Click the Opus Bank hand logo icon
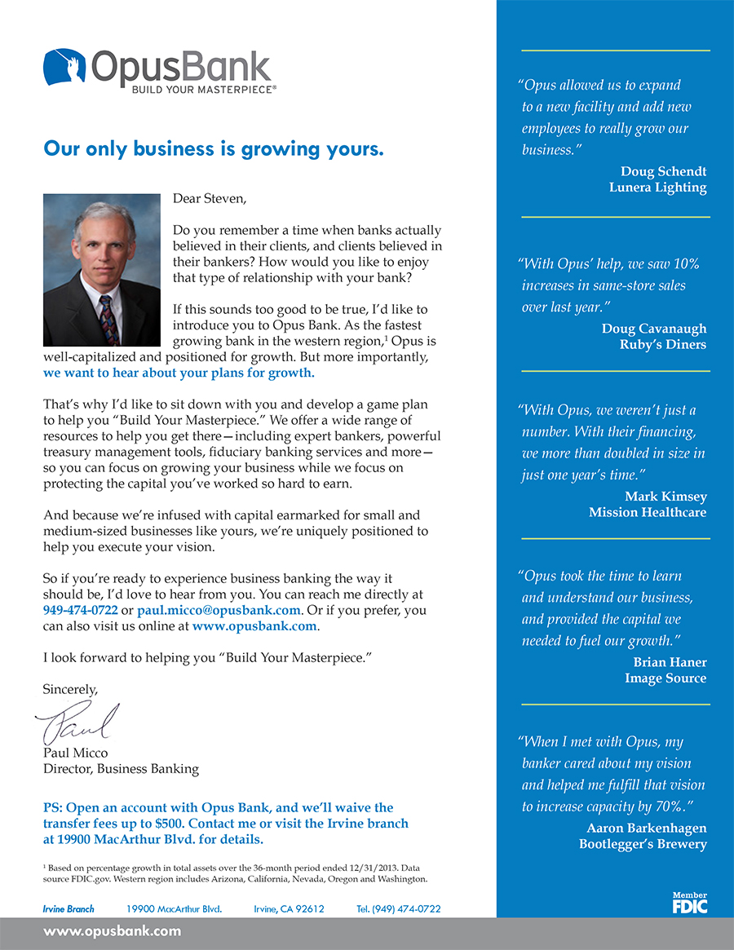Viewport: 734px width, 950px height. pyautogui.click(x=64, y=68)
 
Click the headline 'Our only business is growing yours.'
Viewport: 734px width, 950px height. pyautogui.click(x=213, y=149)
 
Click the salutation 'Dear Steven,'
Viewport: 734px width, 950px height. pyautogui.click(x=209, y=197)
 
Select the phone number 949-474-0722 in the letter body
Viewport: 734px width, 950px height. pyautogui.click(x=80, y=610)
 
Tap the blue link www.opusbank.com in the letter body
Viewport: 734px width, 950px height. pyautogui.click(x=254, y=626)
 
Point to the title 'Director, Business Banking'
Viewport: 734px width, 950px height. pyautogui.click(x=121, y=768)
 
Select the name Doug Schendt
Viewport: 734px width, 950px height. pyautogui.click(x=663, y=171)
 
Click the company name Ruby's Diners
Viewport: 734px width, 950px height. pyautogui.click(x=662, y=344)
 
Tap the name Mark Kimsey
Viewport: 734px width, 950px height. pyautogui.click(x=665, y=497)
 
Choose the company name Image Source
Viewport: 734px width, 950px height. pyautogui.click(x=665, y=678)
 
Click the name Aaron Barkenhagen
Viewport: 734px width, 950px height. pyautogui.click(x=647, y=828)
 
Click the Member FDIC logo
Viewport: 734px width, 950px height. pyautogui.click(x=689, y=903)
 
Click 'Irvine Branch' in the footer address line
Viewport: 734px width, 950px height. pyautogui.click(x=69, y=908)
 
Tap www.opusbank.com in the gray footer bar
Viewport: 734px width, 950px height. pyautogui.click(x=112, y=931)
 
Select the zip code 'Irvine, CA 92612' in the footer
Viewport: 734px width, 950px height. pyautogui.click(x=290, y=908)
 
